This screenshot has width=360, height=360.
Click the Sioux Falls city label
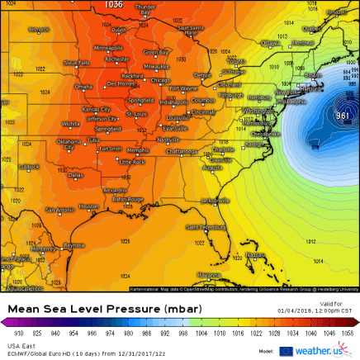point(77,62)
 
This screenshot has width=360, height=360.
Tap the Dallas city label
point(75,175)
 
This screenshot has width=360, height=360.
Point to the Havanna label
point(208,274)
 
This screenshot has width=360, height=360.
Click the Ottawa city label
point(270,42)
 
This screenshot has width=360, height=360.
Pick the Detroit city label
point(202,75)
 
